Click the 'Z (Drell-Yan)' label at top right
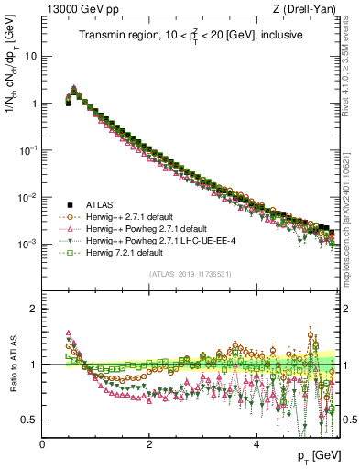pos(309,8)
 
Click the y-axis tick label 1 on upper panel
pos(33,104)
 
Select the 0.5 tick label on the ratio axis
pos(29,420)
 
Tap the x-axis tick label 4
pos(256,445)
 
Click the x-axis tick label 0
pos(42,445)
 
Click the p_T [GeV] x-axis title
pos(321,456)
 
